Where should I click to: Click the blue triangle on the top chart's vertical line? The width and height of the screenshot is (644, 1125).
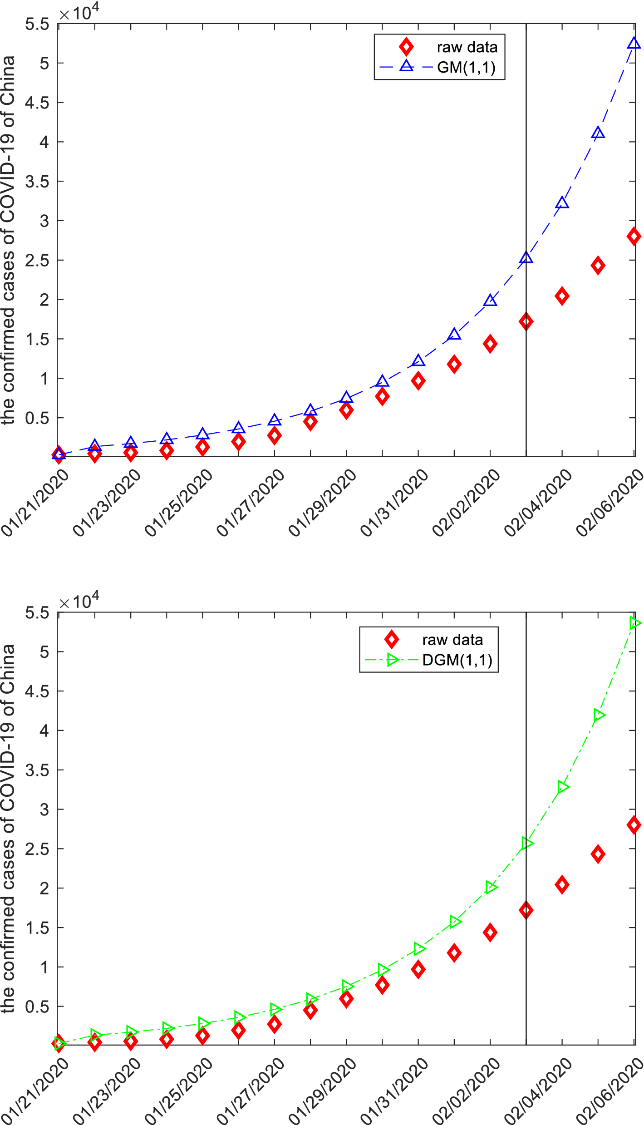(x=526, y=258)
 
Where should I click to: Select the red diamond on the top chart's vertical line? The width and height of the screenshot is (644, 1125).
(x=526, y=322)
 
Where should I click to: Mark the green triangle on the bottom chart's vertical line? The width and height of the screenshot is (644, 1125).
(x=526, y=843)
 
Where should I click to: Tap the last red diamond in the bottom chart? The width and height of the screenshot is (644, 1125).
(x=634, y=824)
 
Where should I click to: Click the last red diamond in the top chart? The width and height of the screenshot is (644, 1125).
(x=634, y=236)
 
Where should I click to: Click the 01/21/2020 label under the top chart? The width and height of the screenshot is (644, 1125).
(x=35, y=503)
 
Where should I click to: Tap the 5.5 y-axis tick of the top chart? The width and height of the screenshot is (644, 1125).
(x=37, y=24)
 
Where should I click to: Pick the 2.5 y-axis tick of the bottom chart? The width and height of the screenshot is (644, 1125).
(x=37, y=849)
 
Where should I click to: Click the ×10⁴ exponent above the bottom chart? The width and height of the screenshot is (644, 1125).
(x=79, y=602)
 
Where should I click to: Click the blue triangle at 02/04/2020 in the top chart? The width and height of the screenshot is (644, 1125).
(x=562, y=202)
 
